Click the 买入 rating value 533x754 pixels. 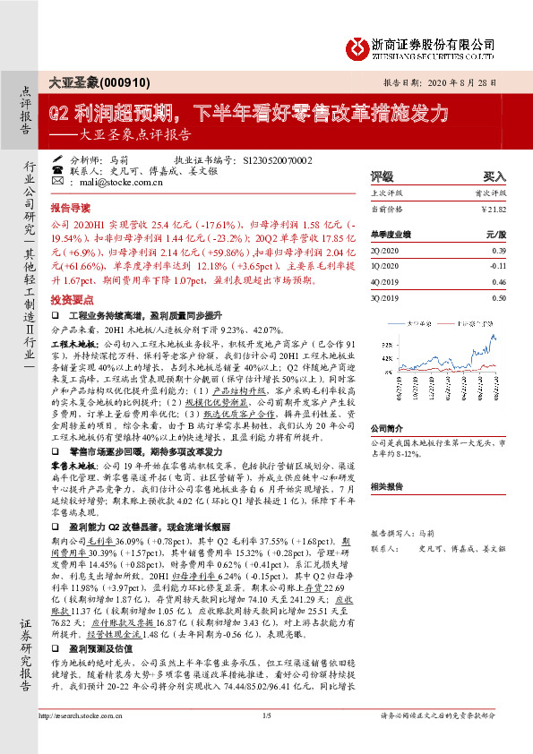(494, 177)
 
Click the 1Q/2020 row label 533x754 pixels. (383, 266)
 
